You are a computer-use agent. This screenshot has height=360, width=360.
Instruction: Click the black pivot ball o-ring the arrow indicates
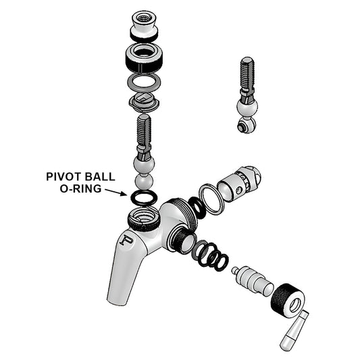point(143,198)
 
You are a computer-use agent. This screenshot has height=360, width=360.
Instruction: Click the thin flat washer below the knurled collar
point(143,82)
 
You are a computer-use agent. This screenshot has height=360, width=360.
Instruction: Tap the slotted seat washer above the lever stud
point(143,101)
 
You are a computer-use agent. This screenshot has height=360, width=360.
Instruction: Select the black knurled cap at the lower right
point(287,297)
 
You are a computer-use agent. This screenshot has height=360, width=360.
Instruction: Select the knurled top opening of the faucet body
point(143,217)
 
